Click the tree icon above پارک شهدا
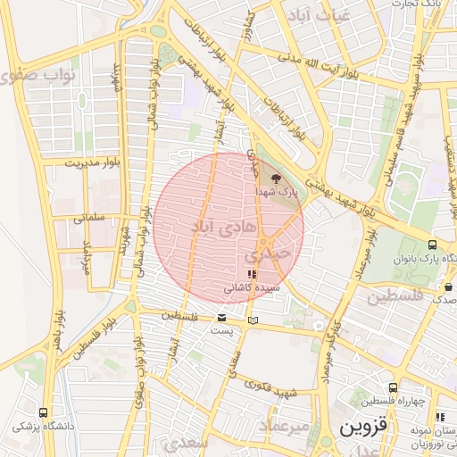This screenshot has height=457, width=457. tap(274, 179)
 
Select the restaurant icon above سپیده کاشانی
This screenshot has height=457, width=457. tap(253, 274)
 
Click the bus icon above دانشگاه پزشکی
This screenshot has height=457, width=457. tap(44, 412)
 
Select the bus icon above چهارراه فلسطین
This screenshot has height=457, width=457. tap(440, 416)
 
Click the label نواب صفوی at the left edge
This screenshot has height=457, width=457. tap(36, 75)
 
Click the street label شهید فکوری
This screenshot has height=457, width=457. tap(273, 390)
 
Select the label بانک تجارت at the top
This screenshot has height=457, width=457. tap(420, 5)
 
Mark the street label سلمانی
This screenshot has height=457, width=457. tap(90, 216)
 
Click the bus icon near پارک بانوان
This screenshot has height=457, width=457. tap(433, 245)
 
